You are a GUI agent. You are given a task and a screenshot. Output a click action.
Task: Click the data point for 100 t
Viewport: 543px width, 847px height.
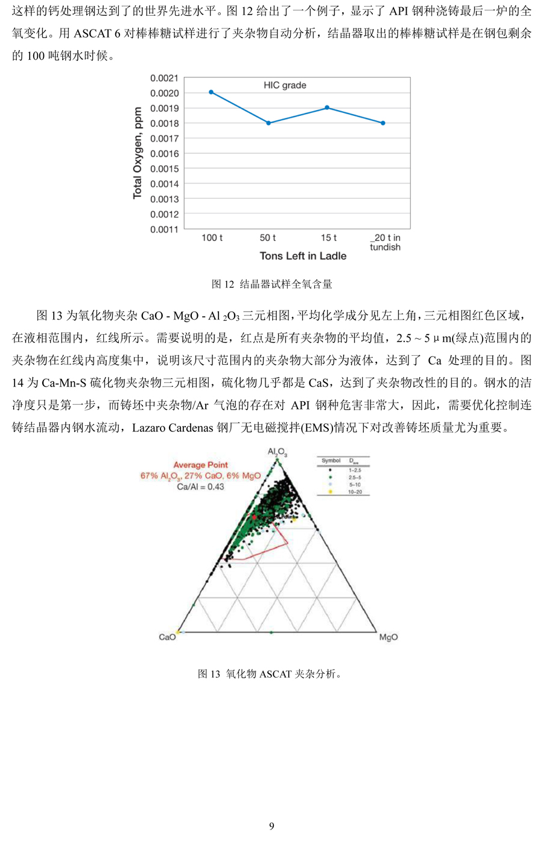point(211,92)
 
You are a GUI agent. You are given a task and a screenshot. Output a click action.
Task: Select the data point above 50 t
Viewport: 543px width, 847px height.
point(268,123)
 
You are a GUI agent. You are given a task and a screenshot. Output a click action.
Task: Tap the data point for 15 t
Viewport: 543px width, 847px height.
point(327,108)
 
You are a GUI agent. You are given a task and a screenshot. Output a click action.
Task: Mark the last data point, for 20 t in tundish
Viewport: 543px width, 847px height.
point(383,123)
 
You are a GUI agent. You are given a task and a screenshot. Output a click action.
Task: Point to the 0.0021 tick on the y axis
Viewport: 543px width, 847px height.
point(164,78)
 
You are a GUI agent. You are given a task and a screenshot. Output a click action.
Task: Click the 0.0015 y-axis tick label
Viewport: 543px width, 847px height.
point(164,169)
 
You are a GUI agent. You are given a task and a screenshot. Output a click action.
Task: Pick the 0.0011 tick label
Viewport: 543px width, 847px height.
point(164,230)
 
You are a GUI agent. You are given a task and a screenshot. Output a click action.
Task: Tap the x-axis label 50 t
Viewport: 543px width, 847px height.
point(268,238)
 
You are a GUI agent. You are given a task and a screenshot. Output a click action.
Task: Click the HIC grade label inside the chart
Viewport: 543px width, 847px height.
point(285,86)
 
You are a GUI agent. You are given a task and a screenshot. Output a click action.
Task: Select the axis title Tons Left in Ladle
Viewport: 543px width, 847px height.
point(303,256)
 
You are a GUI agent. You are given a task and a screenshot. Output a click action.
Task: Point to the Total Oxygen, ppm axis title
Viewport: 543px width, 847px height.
point(138,153)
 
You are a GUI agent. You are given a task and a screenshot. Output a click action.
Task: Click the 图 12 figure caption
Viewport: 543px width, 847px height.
point(271,284)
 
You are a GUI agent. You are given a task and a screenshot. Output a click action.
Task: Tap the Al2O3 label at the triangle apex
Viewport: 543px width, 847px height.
point(278,452)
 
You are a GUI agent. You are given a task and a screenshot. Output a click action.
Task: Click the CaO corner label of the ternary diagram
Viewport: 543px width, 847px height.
point(167,637)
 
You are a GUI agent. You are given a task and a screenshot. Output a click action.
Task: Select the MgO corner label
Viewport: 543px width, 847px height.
point(389,637)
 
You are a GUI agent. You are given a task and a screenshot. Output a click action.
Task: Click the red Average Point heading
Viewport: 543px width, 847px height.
point(200,465)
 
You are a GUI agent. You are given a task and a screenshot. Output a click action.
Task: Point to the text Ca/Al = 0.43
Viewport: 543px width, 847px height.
point(200,486)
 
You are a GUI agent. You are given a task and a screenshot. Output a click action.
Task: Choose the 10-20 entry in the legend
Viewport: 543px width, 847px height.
point(355,492)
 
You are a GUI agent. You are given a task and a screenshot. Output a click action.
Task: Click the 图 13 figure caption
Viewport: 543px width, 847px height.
point(270,674)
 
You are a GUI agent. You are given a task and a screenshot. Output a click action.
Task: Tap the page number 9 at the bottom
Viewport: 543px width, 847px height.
point(271,826)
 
